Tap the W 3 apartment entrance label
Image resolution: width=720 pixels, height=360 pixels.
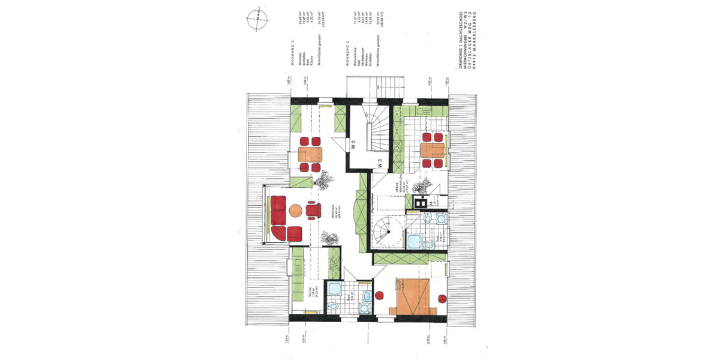pos(380,162)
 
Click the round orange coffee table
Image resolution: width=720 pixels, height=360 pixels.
pos(295,211)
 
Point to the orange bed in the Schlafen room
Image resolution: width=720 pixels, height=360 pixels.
pos(410,294)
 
